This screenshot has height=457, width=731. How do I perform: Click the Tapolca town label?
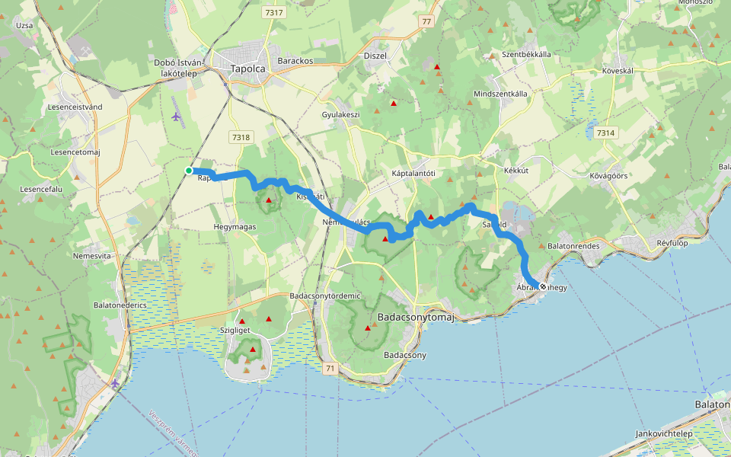247,69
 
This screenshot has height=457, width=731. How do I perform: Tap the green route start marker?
188,171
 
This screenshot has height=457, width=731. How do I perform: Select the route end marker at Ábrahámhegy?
542,286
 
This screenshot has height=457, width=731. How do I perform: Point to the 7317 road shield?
273,13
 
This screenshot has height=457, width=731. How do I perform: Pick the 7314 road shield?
605,133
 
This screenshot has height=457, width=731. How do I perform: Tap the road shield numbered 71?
329,369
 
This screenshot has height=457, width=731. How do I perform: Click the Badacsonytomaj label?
415,318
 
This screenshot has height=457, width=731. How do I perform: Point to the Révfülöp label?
672,244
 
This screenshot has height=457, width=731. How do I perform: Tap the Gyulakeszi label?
340,114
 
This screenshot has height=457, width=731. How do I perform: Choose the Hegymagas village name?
235,227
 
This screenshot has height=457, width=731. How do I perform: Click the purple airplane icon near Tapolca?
177,117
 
